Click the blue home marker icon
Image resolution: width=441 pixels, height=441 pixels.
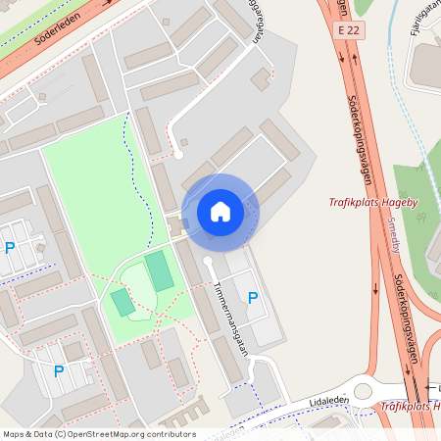pyautogui.click(x=220, y=212)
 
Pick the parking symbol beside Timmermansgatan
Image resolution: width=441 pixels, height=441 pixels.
pyautogui.click(x=253, y=297)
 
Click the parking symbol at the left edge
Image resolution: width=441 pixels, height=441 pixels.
pyautogui.click(x=10, y=248)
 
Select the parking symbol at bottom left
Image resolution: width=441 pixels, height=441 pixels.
pyautogui.click(x=59, y=371)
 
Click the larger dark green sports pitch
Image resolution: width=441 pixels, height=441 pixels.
pyautogui.click(x=160, y=271)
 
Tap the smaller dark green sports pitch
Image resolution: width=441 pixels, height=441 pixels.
pyautogui.click(x=122, y=302)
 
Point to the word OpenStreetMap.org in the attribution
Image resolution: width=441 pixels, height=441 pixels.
pyautogui.click(x=107, y=434)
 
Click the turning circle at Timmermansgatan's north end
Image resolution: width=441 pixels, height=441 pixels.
pyautogui.click(x=208, y=263)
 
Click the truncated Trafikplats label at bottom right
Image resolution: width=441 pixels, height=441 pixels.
pyautogui.click(x=410, y=406)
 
